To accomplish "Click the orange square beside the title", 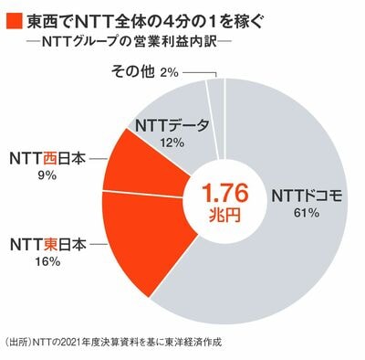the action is coord(15,21).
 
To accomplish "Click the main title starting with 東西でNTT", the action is coord(144,21).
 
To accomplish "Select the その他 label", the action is coord(132,71).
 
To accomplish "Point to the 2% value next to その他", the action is coord(168,72).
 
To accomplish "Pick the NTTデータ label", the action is coord(172,126).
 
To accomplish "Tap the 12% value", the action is coord(172,142).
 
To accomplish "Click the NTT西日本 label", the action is coord(47,159).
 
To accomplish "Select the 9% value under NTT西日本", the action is coord(47,175).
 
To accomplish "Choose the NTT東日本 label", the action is coord(48,246).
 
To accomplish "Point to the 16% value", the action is coord(47,261).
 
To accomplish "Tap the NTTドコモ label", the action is coord(308,196).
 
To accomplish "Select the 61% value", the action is coord(307,213).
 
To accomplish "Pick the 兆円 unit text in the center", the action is coord(225,216).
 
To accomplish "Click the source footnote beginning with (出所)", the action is coord(112,341).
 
